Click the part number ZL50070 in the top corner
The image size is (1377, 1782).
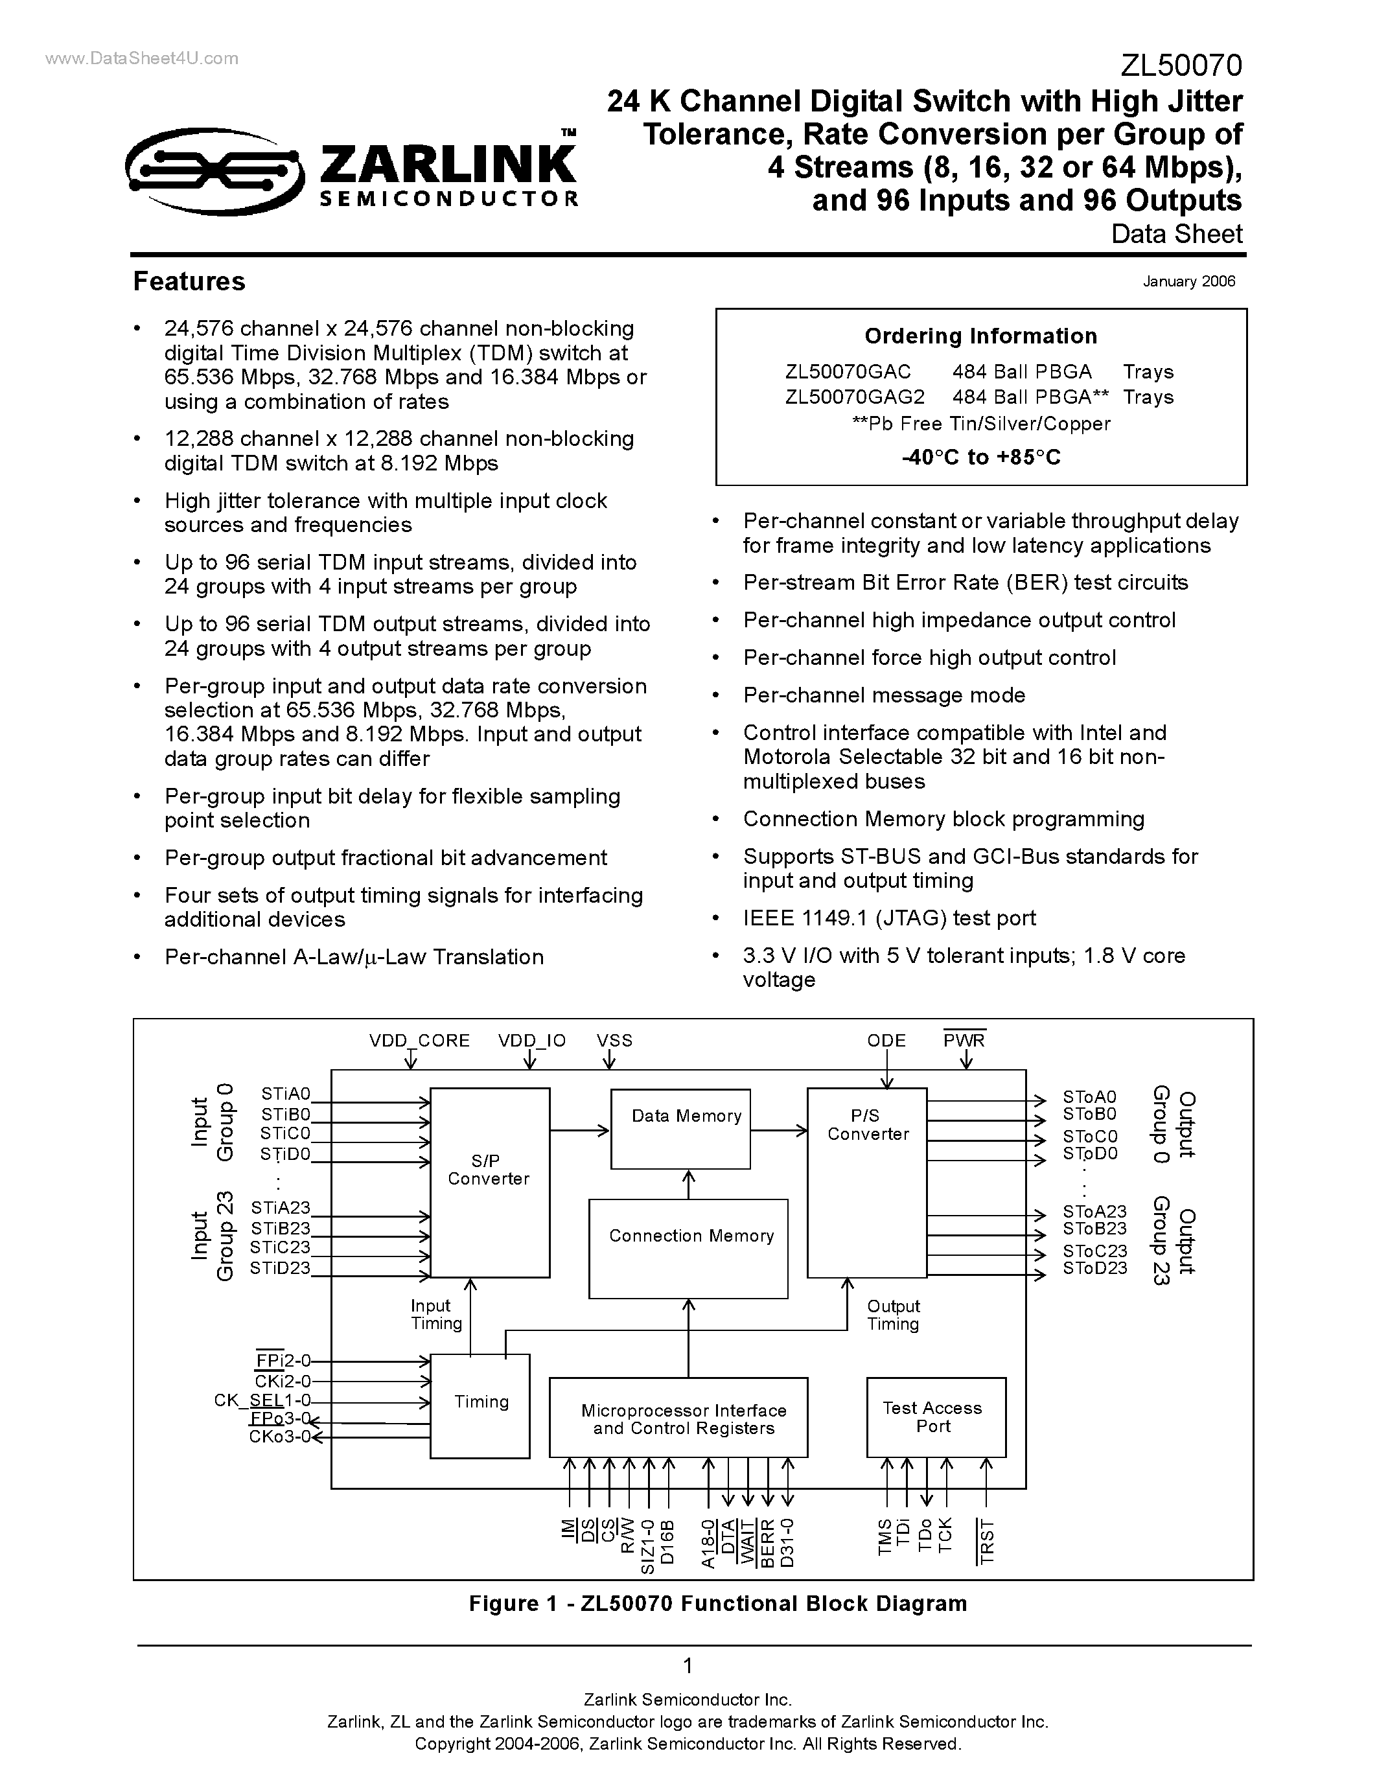click(1181, 65)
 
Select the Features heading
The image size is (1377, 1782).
click(189, 281)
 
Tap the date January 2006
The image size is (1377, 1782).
click(1188, 281)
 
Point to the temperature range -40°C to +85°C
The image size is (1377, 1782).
click(981, 457)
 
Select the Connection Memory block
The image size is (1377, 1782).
click(688, 1249)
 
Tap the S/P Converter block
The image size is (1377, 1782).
click(489, 1183)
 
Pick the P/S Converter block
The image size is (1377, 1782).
click(867, 1183)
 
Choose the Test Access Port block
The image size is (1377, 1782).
click(936, 1417)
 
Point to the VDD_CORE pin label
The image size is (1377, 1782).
click(419, 1040)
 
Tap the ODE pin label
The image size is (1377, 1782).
click(886, 1040)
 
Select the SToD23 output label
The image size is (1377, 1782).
click(1094, 1268)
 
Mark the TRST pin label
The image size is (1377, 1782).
click(986, 1542)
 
